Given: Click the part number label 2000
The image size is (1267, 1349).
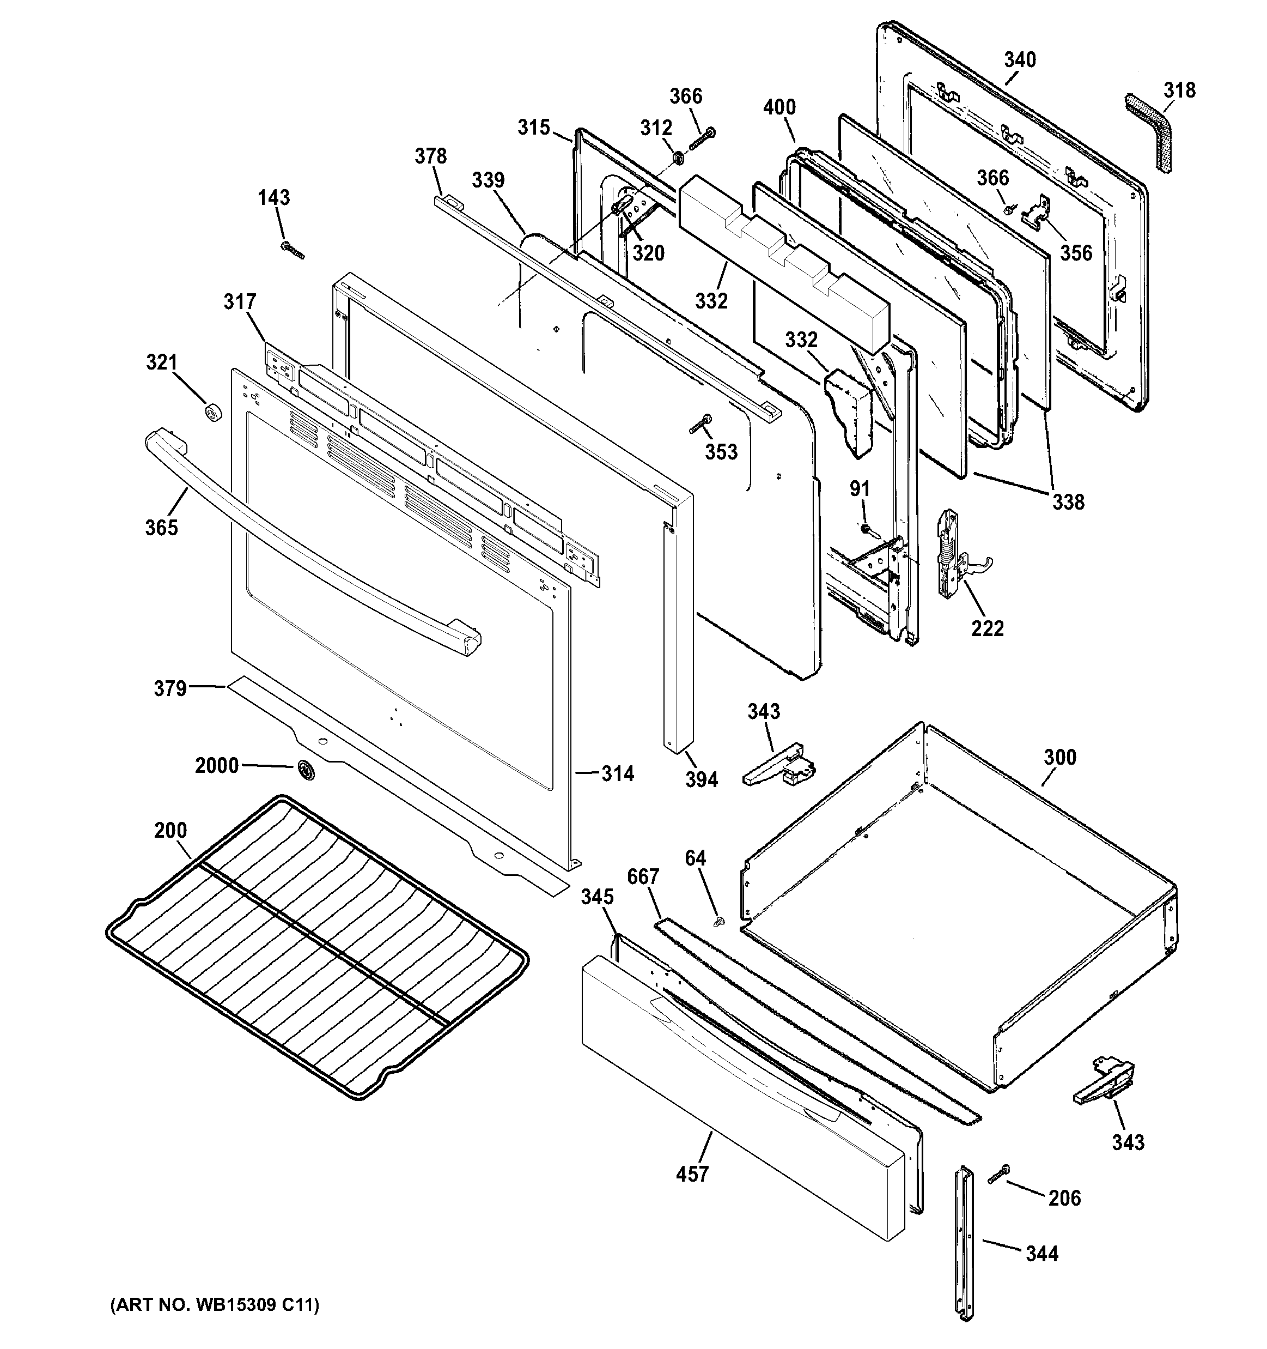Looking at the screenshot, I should click(x=216, y=765).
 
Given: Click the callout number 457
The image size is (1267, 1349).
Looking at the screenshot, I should click(x=692, y=1174).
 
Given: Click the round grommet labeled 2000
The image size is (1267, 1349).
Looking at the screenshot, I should click(x=306, y=770).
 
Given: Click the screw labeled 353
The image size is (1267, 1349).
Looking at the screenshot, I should click(x=699, y=424).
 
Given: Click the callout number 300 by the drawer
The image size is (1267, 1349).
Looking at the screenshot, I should click(x=1059, y=757).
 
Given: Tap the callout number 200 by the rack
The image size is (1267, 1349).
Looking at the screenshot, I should click(x=170, y=830).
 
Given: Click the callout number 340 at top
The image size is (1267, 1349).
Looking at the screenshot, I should click(x=1020, y=60).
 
